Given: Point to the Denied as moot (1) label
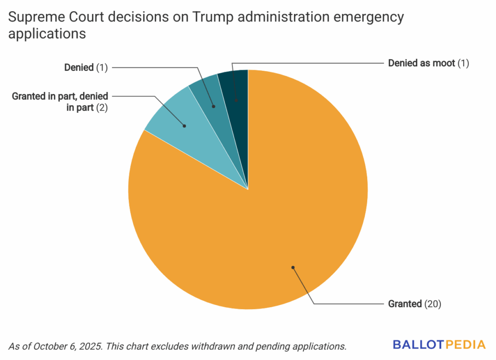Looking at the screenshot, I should click(x=429, y=63).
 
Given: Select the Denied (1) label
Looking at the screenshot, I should click(x=86, y=68).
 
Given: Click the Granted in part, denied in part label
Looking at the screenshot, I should click(x=60, y=102).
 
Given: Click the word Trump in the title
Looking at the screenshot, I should click(x=212, y=18).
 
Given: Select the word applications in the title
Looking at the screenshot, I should click(x=47, y=34).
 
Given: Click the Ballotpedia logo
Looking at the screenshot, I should click(x=439, y=345).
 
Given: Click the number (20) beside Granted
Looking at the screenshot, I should click(x=433, y=304).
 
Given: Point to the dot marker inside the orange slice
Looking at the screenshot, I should click(x=293, y=266).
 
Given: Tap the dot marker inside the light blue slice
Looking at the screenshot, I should click(x=185, y=126).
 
